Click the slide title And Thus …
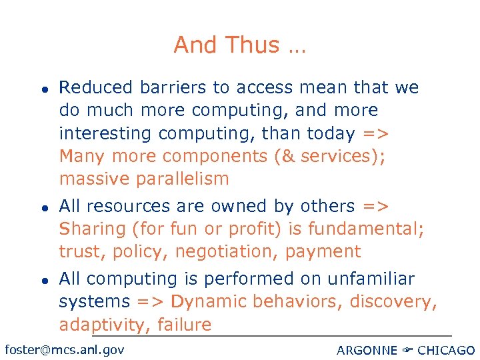click(239, 45)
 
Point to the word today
click(331, 133)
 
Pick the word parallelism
click(182, 179)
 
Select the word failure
click(189, 325)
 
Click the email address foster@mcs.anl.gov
click(64, 349)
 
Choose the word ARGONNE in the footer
click(367, 350)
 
